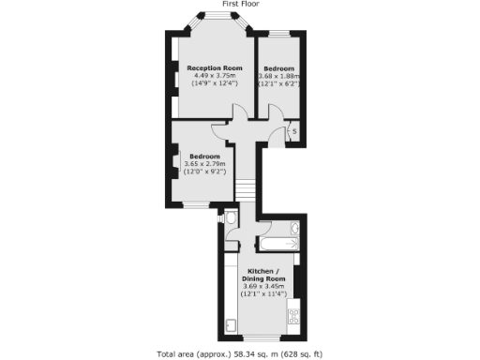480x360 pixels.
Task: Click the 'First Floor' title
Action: coord(240,5)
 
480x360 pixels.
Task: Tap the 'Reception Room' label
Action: coord(215,68)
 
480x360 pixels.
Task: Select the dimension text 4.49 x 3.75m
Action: coord(215,77)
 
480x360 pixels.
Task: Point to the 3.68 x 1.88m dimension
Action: coord(278,77)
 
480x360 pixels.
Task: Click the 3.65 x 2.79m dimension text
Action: coord(204,164)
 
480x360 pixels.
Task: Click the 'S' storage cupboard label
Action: coord(294,131)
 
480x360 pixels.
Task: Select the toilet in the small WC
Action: coord(232,220)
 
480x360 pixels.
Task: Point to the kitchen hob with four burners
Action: coord(294,317)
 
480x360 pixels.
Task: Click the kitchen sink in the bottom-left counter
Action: coord(231,327)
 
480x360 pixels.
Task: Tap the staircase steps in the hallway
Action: coord(246,192)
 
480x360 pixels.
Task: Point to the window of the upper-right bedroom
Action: coord(278,35)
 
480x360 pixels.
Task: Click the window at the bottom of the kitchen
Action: coord(262,337)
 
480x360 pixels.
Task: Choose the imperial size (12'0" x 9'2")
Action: coord(204,172)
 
